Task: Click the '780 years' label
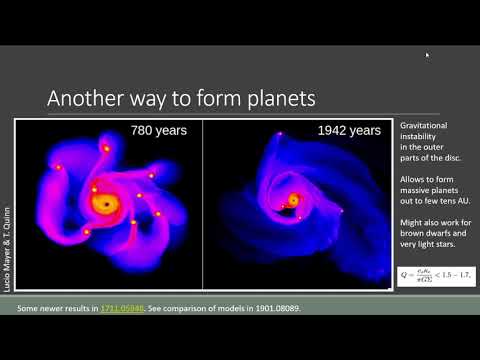pos(160,130)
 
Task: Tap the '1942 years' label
pos(349,130)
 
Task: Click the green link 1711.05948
pos(121,306)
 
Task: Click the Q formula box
pos(433,274)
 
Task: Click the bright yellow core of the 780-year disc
pos(103,203)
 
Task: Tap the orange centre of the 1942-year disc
pos(293,200)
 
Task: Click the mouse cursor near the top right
pos(427,55)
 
